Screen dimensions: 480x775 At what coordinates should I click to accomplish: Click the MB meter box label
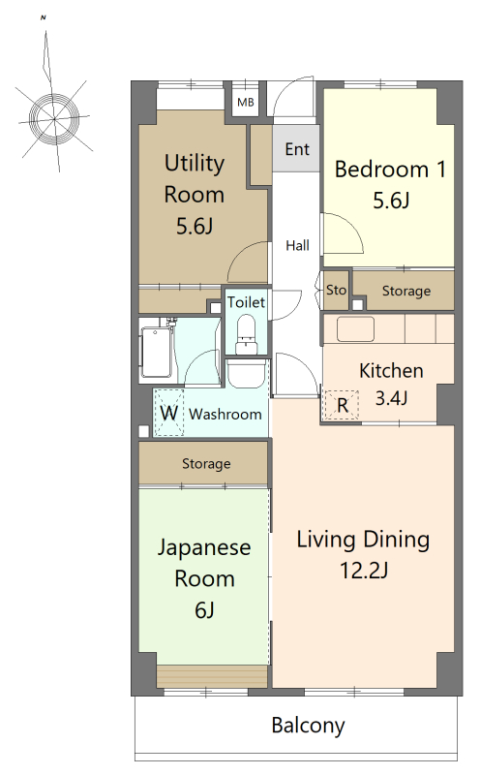pyautogui.click(x=246, y=103)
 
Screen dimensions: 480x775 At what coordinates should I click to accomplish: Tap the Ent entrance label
pyautogui.click(x=297, y=149)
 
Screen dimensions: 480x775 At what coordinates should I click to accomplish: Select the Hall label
pyautogui.click(x=298, y=245)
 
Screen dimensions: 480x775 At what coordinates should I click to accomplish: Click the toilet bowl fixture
pyautogui.click(x=246, y=336)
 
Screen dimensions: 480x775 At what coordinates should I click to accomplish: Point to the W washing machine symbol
pyautogui.click(x=169, y=413)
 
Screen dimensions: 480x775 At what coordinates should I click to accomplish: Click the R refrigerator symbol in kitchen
pyautogui.click(x=343, y=405)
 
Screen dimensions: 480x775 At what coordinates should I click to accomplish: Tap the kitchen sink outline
pyautogui.click(x=355, y=328)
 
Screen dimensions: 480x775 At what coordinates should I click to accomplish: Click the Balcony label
pyautogui.click(x=308, y=725)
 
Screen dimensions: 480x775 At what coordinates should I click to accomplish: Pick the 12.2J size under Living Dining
pyautogui.click(x=364, y=571)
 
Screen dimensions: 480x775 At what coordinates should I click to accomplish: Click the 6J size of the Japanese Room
pyautogui.click(x=204, y=610)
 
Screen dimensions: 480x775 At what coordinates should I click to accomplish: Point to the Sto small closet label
pyautogui.click(x=337, y=290)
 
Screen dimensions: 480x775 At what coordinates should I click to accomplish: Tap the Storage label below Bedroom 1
pyautogui.click(x=406, y=292)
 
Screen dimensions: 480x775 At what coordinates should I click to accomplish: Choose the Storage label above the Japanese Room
pyautogui.click(x=206, y=464)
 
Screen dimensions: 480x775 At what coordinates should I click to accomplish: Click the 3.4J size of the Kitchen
pyautogui.click(x=391, y=397)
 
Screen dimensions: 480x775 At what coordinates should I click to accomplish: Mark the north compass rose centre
pyautogui.click(x=54, y=118)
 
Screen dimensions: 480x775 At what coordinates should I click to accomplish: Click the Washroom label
pyautogui.click(x=225, y=414)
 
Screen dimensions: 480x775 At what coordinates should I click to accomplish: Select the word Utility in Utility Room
pyautogui.click(x=195, y=164)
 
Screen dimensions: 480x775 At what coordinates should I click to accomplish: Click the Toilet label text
pyautogui.click(x=246, y=302)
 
